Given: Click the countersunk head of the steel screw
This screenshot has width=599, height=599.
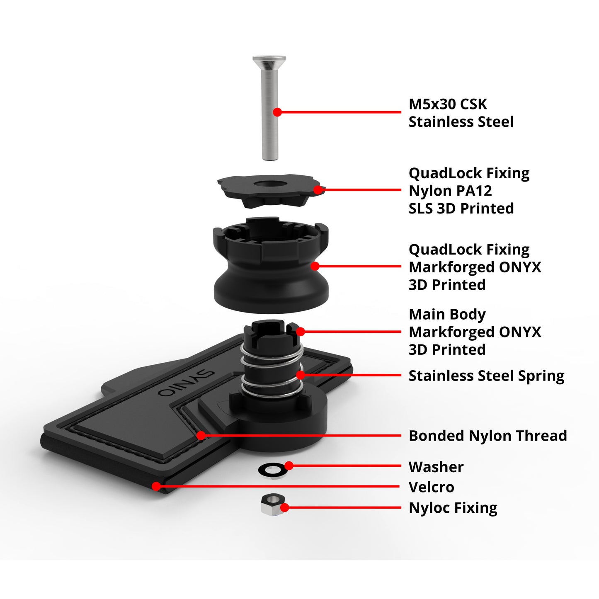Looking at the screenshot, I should pos(269,61).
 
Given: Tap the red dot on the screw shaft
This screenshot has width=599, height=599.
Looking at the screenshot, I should pos(277,112).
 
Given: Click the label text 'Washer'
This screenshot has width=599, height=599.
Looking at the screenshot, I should pos(436,467).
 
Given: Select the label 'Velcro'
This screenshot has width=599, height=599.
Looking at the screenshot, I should pos(431,487).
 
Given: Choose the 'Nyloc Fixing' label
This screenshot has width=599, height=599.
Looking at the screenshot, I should pos(453,507).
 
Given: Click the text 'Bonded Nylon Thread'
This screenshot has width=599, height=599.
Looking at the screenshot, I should pos(487,436).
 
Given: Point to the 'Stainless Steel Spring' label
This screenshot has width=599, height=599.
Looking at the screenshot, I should pos(486,376).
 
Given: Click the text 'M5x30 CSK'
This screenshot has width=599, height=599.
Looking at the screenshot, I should pos(448,104).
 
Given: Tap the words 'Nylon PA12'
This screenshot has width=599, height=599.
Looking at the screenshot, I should pos(450,191).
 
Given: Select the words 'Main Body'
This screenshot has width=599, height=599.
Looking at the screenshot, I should pos(447,314).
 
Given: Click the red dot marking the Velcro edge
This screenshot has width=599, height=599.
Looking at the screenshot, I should pos(157,486).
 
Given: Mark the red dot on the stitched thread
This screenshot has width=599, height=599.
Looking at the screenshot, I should pos(201,435).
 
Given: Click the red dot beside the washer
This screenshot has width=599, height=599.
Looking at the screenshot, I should pos(289,466).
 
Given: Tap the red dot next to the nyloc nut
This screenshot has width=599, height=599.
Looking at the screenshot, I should pos(285,507).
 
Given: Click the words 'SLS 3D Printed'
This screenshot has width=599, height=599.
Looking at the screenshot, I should pos(461,208).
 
